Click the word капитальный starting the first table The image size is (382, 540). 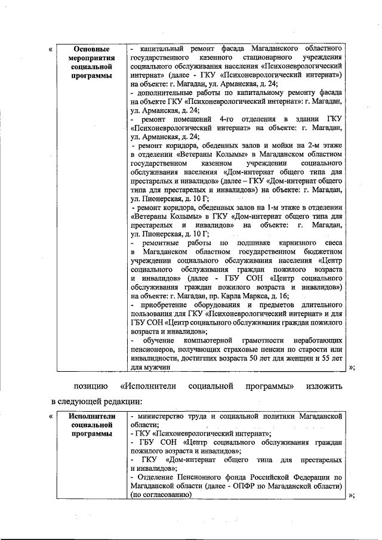[156, 47]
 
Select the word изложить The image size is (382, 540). [324, 386]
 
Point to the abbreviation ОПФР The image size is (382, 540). [256, 487]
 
